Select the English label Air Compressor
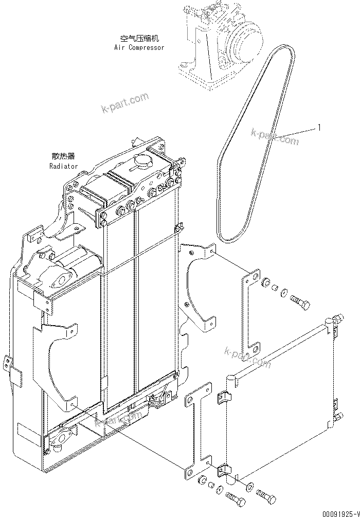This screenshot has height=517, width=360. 139,47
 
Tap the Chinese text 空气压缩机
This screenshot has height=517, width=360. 139,39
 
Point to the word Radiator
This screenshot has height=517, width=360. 64,166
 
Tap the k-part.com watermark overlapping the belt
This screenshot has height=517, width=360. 275,136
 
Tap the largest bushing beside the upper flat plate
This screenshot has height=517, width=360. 266,283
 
